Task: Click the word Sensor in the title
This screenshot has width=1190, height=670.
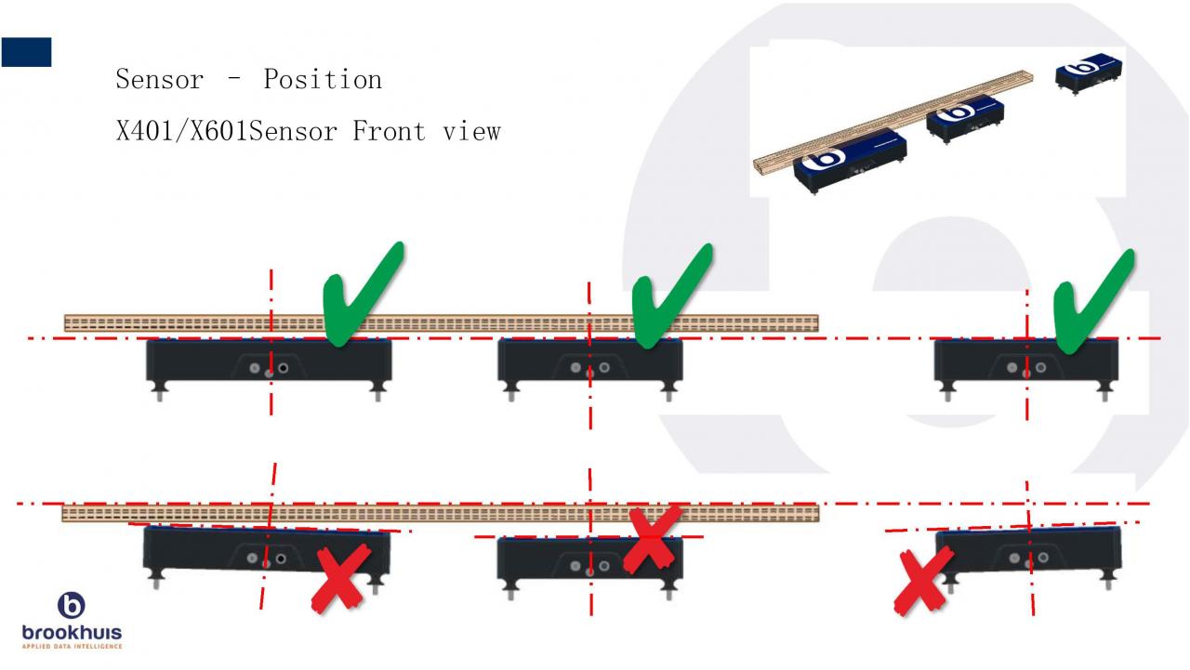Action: [159, 80]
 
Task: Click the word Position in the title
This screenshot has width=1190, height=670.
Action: [322, 80]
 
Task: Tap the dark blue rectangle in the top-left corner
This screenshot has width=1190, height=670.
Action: [26, 52]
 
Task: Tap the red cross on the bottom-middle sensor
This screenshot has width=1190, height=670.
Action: [651, 539]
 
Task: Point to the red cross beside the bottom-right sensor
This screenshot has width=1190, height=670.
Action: [922, 580]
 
